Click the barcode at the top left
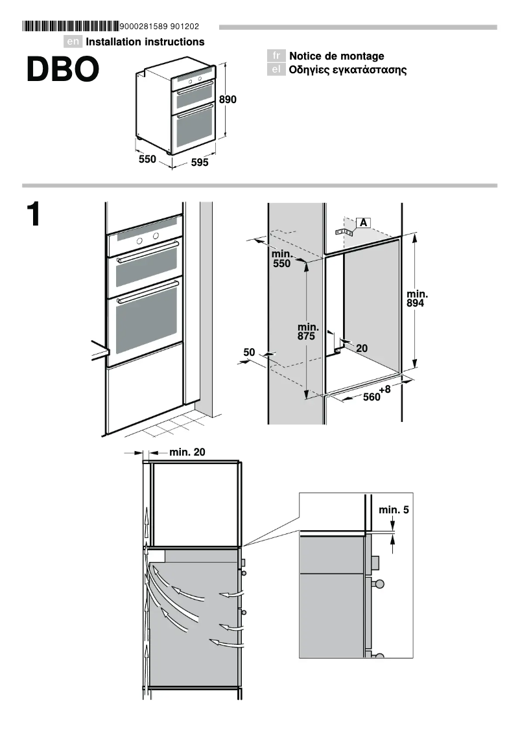tap(70, 27)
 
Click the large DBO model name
tap(63, 71)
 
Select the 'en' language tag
tap(73, 42)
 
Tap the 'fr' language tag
tap(276, 56)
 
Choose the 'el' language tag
tap(276, 70)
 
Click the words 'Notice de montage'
tap(337, 56)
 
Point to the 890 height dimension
tap(228, 100)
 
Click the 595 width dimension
tap(200, 163)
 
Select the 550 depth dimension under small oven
tap(147, 159)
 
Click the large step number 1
tap(34, 215)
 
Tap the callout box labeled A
tap(363, 223)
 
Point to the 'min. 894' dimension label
tap(416, 299)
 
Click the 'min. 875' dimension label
tap(307, 332)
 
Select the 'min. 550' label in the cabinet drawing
tap(281, 259)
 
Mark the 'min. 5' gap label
tap(394, 510)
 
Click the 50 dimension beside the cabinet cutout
tap(249, 352)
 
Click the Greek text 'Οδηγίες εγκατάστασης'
tap(348, 70)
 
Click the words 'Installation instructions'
tap(145, 42)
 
